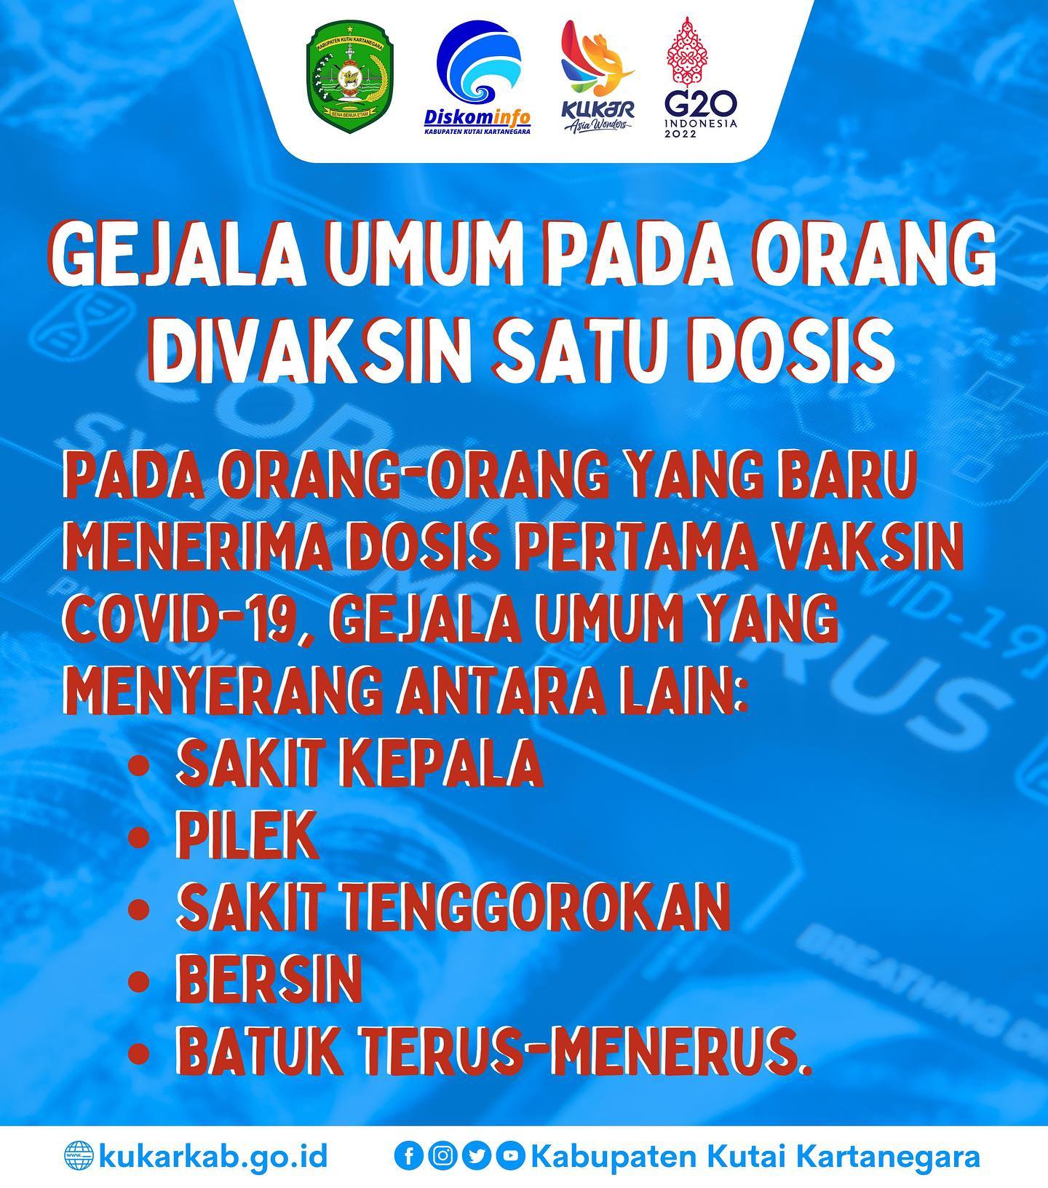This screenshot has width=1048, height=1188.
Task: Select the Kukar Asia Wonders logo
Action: click(x=598, y=77)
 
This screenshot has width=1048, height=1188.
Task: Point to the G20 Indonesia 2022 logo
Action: click(x=701, y=77)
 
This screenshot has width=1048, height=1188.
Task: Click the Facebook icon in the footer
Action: click(x=408, y=1156)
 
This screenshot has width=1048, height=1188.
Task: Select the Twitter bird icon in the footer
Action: click(x=477, y=1156)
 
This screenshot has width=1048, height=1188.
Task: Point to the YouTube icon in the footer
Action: click(x=511, y=1156)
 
